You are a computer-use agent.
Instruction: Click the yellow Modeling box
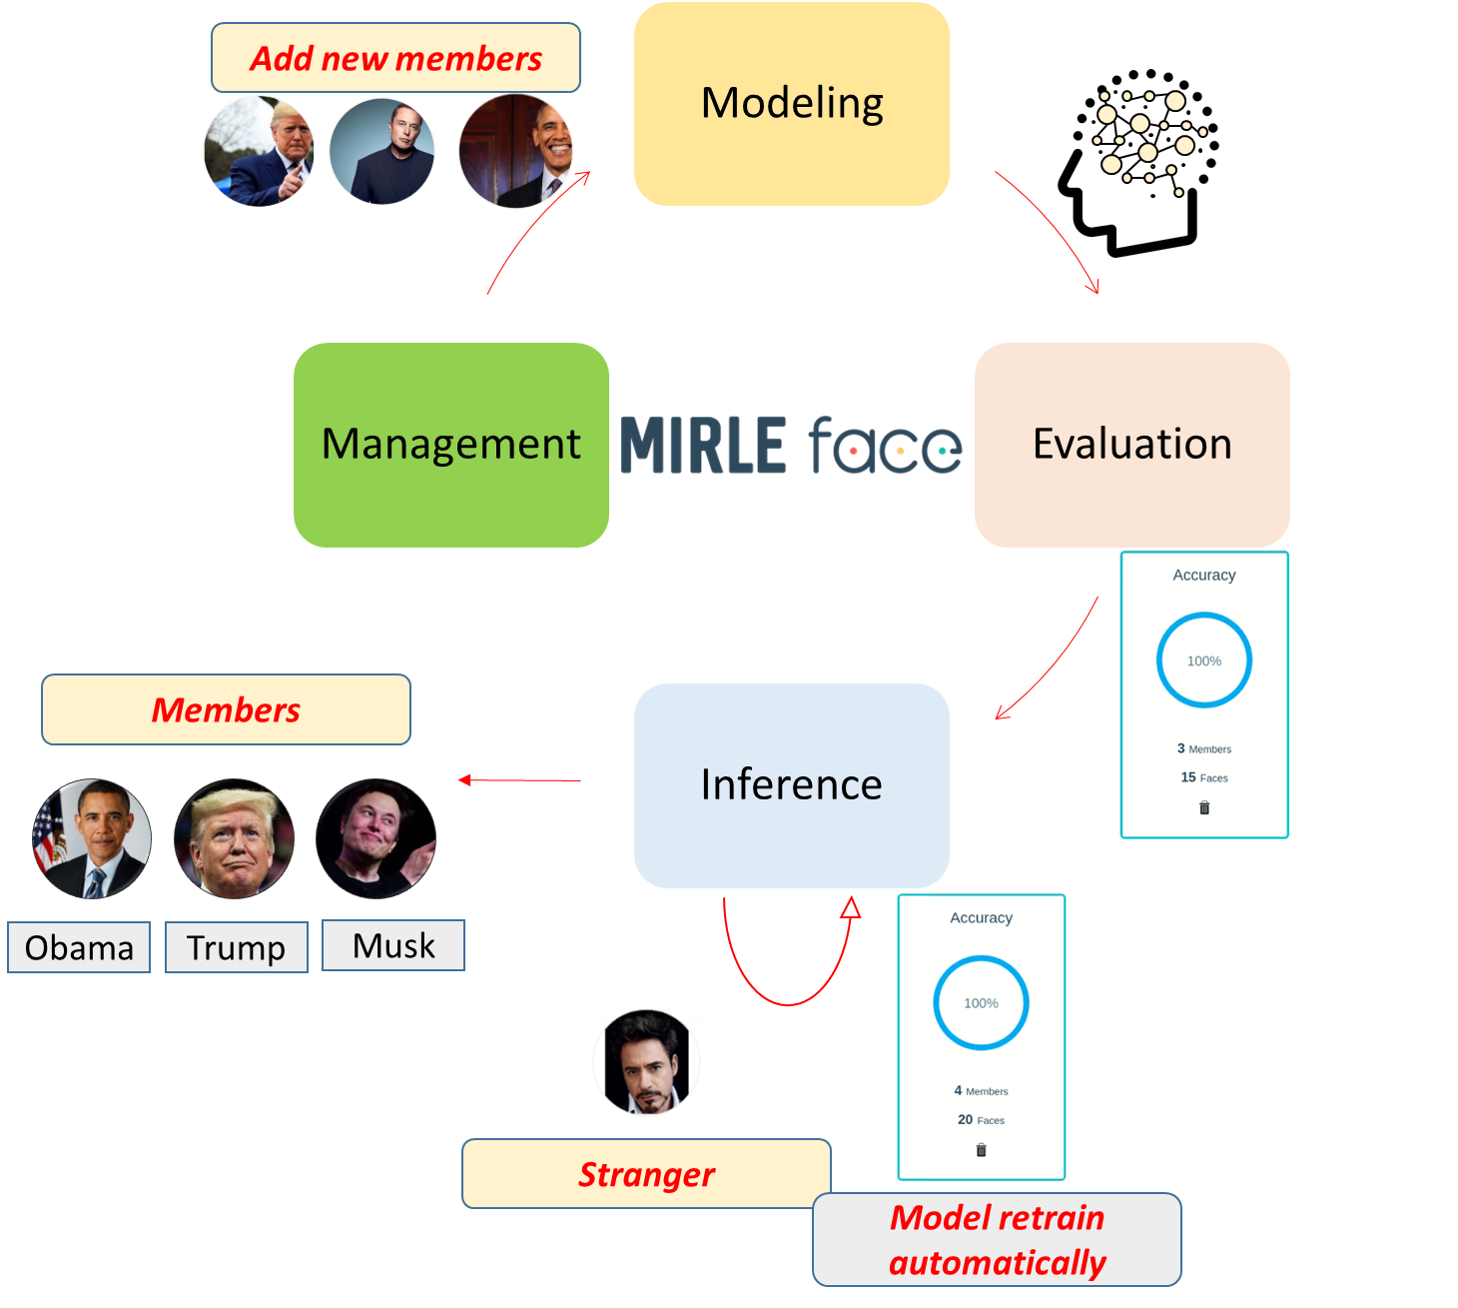792,104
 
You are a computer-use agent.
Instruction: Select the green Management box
451,445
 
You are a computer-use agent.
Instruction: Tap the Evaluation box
1132,445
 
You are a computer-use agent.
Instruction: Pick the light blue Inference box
792,785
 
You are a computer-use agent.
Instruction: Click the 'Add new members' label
395,58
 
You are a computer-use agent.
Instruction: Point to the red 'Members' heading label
226,709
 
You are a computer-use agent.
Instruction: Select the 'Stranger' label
646,1174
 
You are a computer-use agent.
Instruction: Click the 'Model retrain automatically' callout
997,1240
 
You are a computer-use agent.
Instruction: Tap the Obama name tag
79,947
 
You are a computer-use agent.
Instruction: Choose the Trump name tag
236,947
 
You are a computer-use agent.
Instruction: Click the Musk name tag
393,945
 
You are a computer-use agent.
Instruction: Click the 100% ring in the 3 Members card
1204,660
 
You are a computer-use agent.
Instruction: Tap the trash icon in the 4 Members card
981,1150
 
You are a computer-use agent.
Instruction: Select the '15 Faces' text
1204,777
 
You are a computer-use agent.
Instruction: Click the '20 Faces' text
981,1120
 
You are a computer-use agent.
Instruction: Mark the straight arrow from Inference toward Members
519,780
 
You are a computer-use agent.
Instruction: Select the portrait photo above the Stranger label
647,1064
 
